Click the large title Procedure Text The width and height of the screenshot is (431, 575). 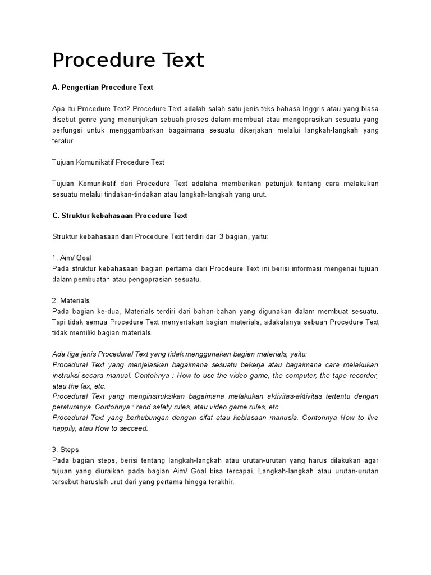coord(129,60)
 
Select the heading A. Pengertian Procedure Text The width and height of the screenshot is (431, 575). coord(103,88)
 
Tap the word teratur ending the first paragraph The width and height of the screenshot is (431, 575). coord(63,141)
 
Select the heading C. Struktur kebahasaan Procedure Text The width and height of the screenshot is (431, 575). coord(120,216)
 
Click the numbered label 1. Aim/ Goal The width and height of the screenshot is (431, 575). coord(72,258)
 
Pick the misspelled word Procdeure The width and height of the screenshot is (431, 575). coord(240,268)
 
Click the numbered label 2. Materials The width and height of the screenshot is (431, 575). coord(71,300)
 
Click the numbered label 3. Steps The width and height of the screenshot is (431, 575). coord(66,450)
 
